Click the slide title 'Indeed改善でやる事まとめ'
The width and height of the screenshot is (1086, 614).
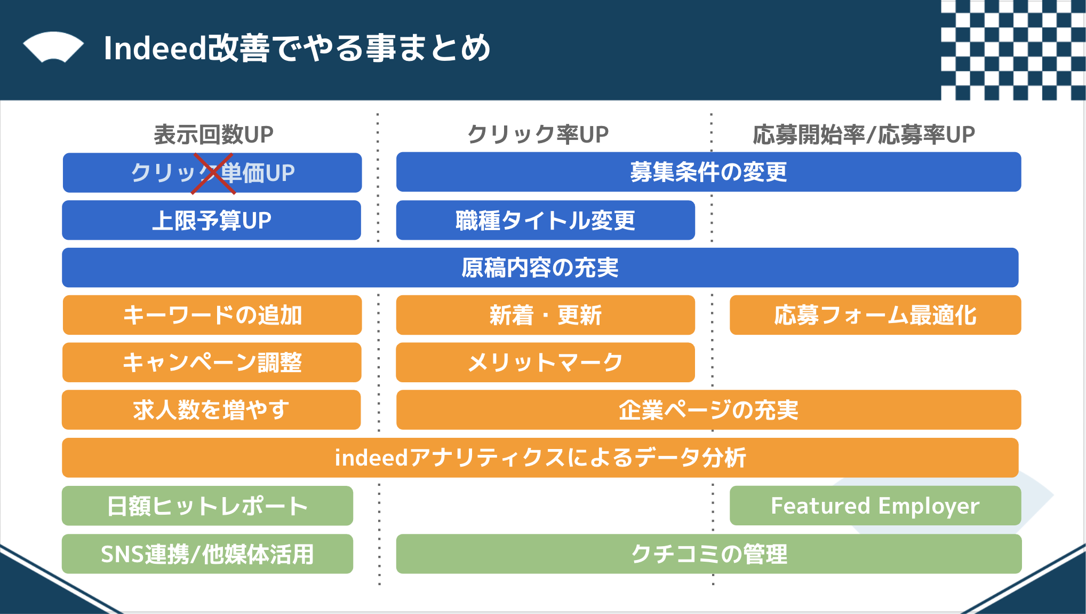tap(297, 48)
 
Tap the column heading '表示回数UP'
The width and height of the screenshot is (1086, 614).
tap(213, 135)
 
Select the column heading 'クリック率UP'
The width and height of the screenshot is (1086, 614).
tap(538, 135)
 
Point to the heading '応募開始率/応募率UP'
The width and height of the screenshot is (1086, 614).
tap(864, 135)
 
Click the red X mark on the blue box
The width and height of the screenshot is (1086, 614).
tap(213, 174)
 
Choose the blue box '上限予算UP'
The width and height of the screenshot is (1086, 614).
tap(212, 220)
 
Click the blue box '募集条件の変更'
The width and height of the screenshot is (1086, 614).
tap(708, 172)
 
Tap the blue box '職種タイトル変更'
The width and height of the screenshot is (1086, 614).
tap(545, 220)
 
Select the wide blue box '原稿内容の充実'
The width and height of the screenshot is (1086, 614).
tap(540, 267)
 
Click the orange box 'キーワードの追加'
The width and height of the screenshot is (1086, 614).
tap(212, 315)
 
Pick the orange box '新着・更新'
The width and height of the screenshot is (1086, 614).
tap(545, 315)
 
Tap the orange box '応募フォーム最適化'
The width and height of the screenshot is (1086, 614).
tap(875, 315)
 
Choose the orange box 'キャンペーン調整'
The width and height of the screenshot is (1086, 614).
tap(212, 363)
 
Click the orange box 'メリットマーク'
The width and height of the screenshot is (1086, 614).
tap(545, 363)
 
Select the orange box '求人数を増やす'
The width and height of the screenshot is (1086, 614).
tap(211, 410)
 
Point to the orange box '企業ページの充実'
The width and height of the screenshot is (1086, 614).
tap(708, 410)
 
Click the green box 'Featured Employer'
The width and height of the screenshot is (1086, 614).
tap(875, 506)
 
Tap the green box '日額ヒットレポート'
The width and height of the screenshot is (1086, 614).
tap(207, 506)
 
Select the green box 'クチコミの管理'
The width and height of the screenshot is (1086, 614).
tap(709, 554)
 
